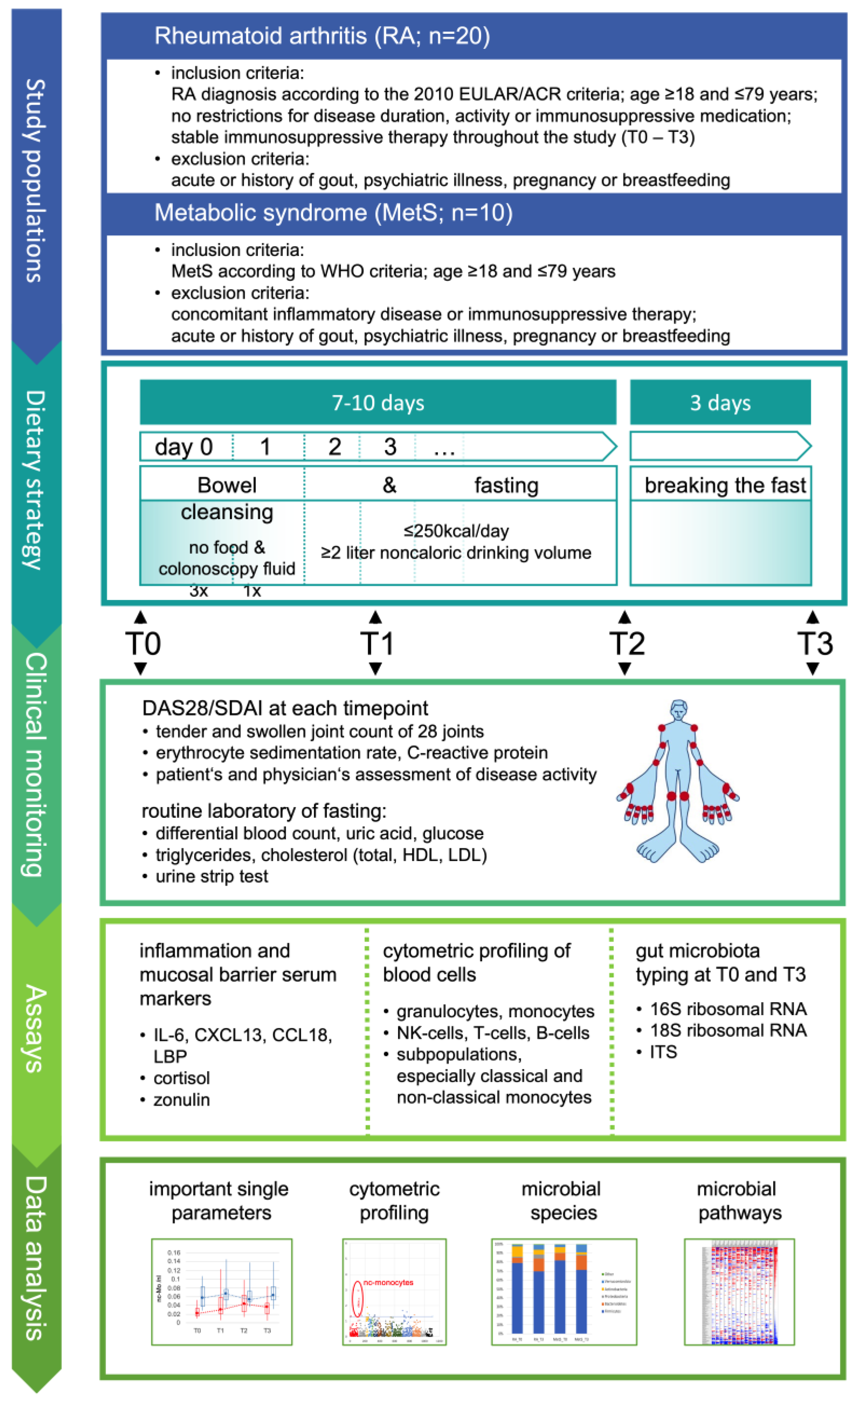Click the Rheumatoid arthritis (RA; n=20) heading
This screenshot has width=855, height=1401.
click(322, 36)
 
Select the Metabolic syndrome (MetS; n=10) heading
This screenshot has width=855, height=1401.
click(333, 213)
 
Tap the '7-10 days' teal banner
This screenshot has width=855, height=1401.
click(378, 402)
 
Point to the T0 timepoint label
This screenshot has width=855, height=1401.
click(143, 644)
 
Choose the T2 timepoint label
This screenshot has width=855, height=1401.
click(627, 644)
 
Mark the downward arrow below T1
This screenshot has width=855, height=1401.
click(375, 669)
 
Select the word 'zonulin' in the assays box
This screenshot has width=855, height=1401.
click(181, 1100)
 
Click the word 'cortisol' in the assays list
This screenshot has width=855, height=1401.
click(181, 1078)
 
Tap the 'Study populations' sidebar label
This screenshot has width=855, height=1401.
click(35, 180)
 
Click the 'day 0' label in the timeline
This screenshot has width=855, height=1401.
click(183, 447)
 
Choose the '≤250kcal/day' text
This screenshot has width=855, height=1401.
click(456, 531)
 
